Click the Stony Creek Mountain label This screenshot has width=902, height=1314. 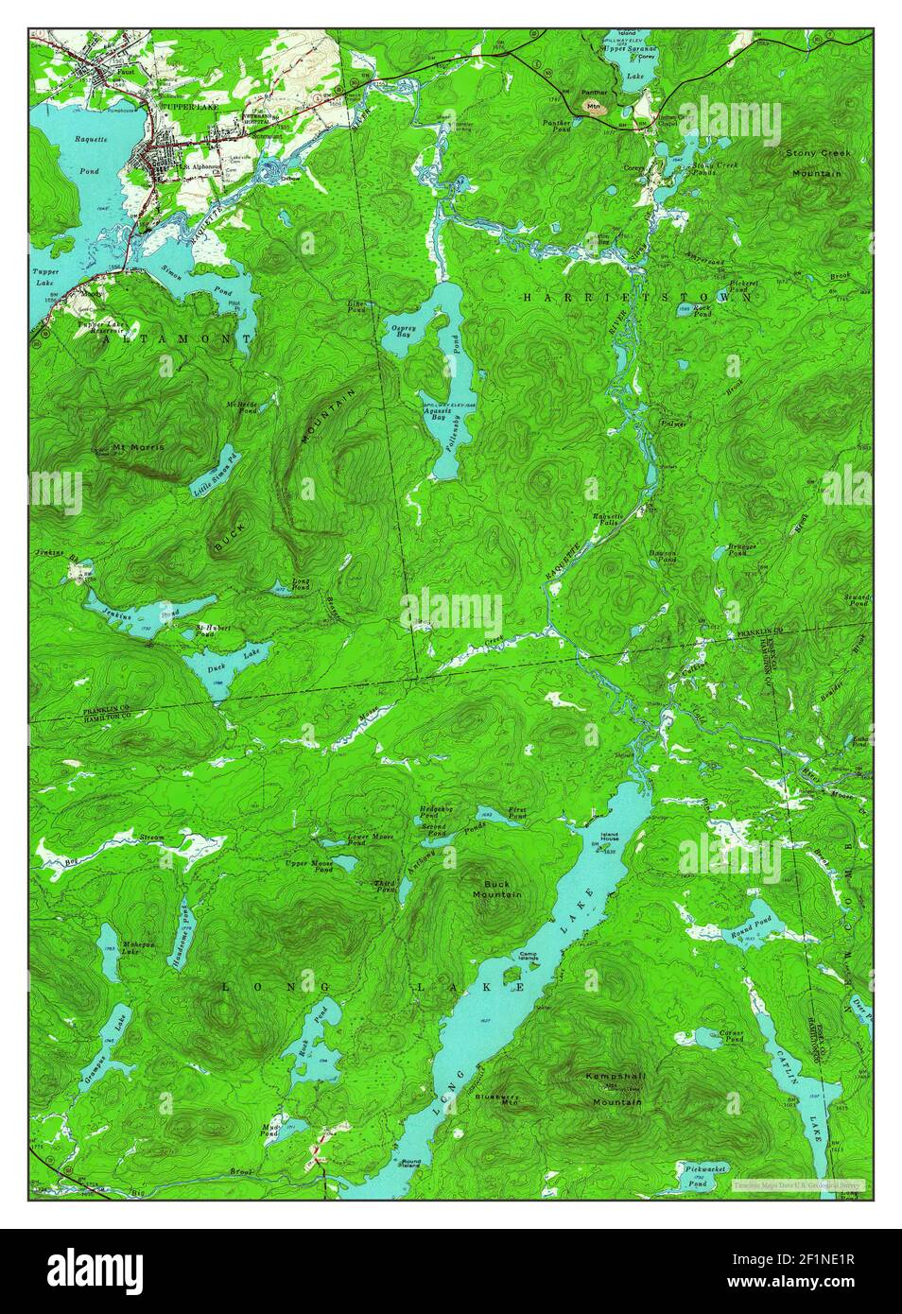click(817, 162)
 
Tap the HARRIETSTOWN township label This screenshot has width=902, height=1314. click(637, 297)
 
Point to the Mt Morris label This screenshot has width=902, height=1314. click(138, 445)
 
